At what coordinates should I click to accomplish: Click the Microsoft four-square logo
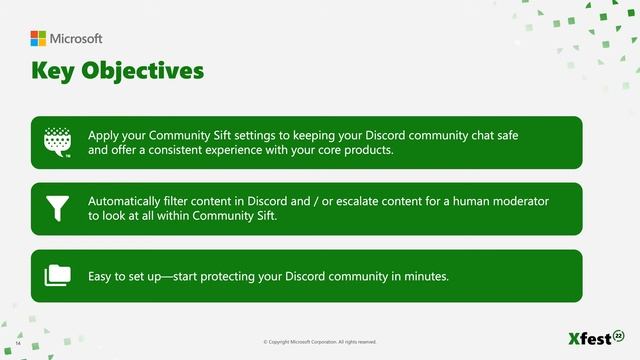(x=38, y=39)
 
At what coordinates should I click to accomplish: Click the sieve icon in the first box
(x=58, y=142)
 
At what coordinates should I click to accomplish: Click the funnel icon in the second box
(x=57, y=208)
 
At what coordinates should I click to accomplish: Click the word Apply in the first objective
(x=104, y=135)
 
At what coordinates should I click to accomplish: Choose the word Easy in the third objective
(x=102, y=276)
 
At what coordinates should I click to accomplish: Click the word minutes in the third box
(x=424, y=276)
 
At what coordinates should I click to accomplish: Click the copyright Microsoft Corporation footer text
(x=320, y=341)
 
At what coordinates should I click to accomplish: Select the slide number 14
(x=18, y=341)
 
